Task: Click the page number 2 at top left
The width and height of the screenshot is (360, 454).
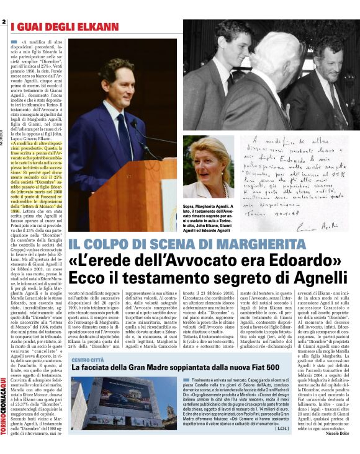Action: pos(4,23)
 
